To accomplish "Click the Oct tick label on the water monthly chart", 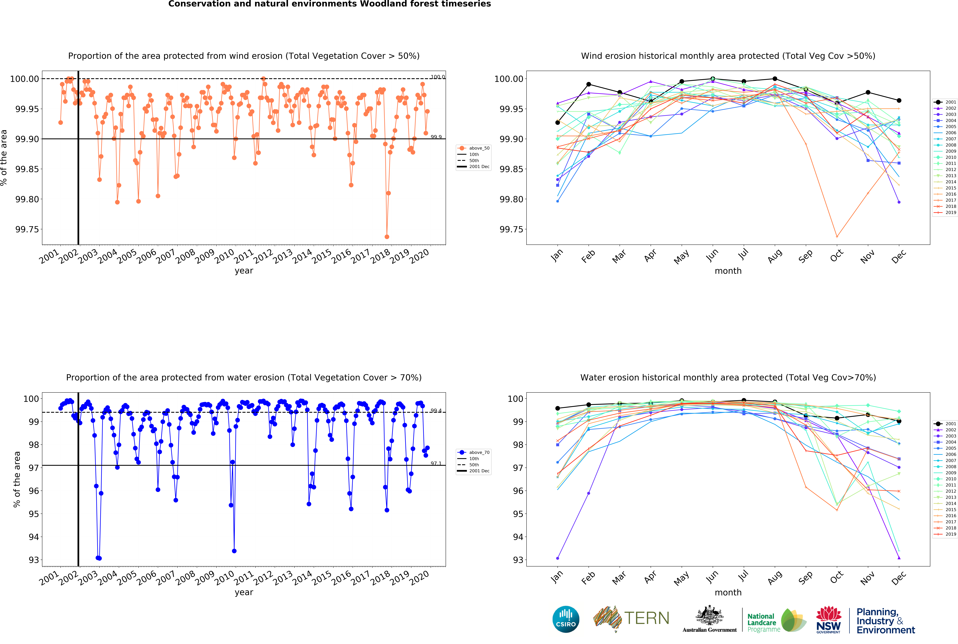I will click(836, 577).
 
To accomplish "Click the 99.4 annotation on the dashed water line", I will click(436, 411).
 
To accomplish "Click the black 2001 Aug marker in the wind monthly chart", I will click(774, 79).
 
